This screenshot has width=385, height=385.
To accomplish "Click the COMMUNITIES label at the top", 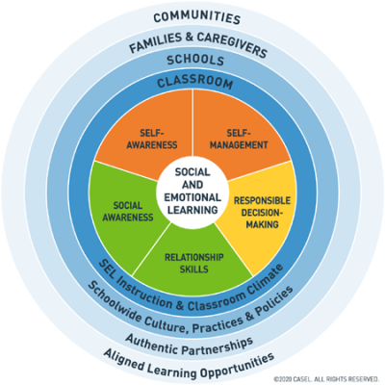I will click(x=192, y=16).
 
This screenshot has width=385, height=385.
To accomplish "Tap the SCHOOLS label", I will click(x=192, y=61).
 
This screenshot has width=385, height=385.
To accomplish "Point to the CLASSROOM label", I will click(x=192, y=84).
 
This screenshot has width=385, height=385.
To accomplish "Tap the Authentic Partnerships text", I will click(x=192, y=342).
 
